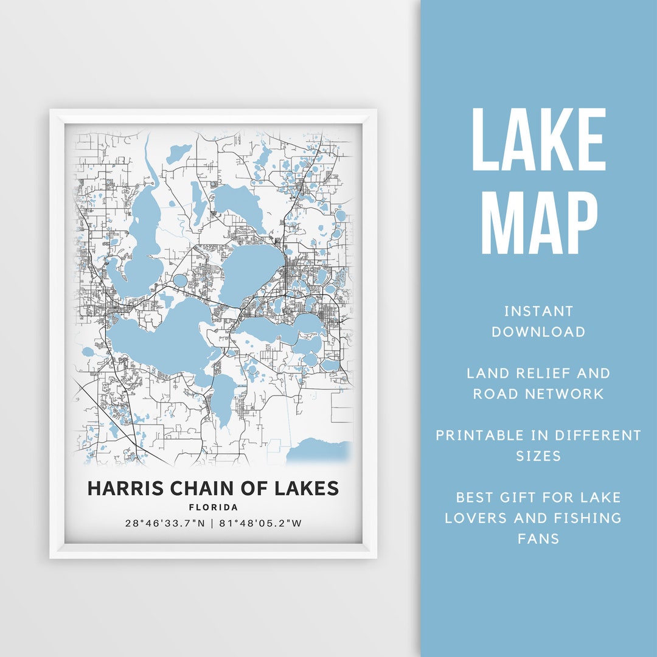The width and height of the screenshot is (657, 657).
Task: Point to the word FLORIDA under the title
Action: click(x=213, y=507)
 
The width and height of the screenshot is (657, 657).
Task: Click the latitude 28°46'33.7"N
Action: click(x=165, y=523)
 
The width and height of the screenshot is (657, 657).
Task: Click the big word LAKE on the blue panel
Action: click(x=538, y=141)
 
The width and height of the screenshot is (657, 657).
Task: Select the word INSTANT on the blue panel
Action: click(x=538, y=311)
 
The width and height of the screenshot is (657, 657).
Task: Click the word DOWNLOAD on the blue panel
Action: click(x=538, y=332)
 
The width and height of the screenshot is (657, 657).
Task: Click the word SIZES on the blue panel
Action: click(x=538, y=456)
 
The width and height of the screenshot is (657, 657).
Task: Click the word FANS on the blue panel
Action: click(x=538, y=539)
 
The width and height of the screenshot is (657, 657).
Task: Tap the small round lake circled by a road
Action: click(x=180, y=281)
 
